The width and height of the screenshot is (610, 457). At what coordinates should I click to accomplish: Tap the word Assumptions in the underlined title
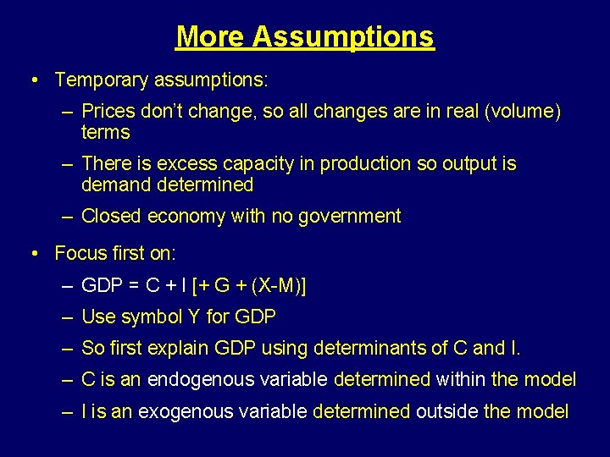[x=343, y=36]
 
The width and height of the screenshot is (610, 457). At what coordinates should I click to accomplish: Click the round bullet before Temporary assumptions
[x=31, y=80]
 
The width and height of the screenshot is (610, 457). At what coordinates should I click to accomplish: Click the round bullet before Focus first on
[x=31, y=253]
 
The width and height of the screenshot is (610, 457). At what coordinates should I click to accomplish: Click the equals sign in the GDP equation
[x=133, y=286]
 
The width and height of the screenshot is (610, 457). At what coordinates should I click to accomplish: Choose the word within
[x=457, y=380]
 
